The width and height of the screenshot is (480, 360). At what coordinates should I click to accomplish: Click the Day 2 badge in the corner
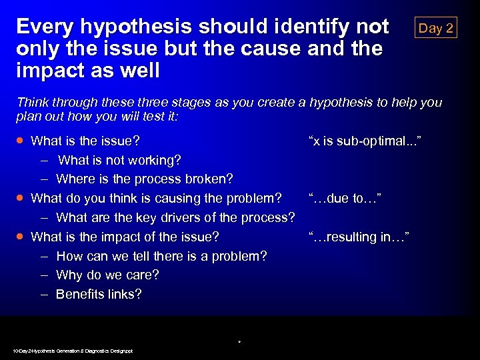tap(435, 27)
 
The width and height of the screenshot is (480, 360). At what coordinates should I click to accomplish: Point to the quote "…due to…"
tap(345, 198)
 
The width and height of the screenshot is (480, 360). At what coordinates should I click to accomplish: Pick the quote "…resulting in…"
tap(359, 237)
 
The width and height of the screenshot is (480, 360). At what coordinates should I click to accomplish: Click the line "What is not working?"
tap(119, 160)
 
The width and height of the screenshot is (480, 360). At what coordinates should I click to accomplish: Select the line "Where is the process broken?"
tap(145, 179)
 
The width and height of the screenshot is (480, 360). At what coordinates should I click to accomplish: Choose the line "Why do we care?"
tap(107, 275)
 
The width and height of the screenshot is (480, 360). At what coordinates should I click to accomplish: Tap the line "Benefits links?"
tap(99, 295)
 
